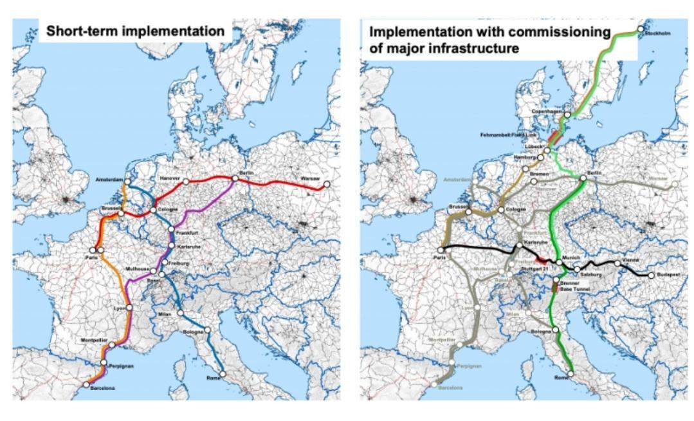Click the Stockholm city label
point(655,33)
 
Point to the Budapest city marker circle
point(651,276)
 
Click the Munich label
point(571,257)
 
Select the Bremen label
point(538,174)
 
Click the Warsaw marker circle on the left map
point(327,185)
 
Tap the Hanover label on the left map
point(170,176)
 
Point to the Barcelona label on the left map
point(102,388)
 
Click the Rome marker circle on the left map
point(223,374)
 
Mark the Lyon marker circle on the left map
point(129,308)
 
